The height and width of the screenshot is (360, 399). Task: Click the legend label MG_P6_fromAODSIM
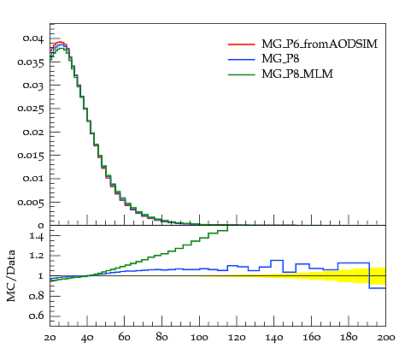(x=320, y=44)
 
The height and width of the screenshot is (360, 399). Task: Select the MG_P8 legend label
(x=280, y=59)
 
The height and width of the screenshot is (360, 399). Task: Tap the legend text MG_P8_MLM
(x=297, y=74)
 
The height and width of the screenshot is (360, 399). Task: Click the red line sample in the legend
(x=242, y=44)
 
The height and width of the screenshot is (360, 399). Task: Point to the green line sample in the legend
(x=242, y=74)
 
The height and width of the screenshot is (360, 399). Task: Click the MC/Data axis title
(x=11, y=275)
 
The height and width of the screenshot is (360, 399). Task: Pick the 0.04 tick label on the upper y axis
(x=33, y=38)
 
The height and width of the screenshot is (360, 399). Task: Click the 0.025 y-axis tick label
(x=31, y=109)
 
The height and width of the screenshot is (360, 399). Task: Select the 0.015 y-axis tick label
(x=31, y=156)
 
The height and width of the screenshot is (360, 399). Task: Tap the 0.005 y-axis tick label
(x=31, y=202)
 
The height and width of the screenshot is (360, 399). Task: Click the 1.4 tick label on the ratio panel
(x=37, y=236)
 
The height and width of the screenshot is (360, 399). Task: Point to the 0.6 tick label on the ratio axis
(x=37, y=316)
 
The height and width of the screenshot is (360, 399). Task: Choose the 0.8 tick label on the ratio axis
(x=37, y=296)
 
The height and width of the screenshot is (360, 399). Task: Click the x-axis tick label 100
(x=199, y=338)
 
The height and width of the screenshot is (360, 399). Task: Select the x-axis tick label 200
(x=385, y=338)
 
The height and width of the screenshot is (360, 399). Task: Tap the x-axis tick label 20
(x=50, y=338)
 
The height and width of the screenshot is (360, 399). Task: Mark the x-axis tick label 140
(x=274, y=338)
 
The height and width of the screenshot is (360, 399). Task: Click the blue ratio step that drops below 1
(x=378, y=288)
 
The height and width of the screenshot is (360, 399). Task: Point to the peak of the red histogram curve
(x=60, y=42)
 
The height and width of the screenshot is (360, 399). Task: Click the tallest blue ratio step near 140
(x=277, y=260)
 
